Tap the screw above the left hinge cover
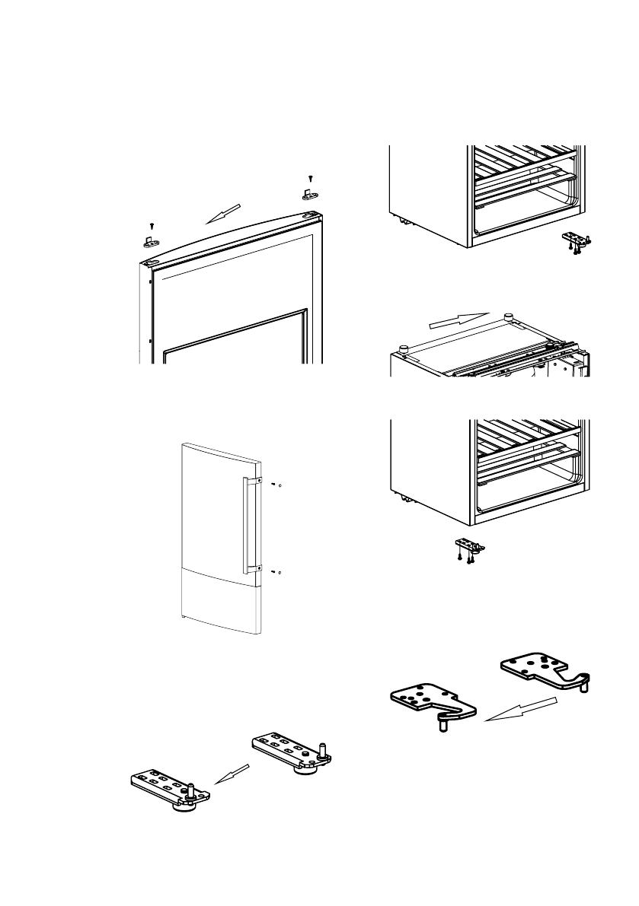click(x=152, y=225)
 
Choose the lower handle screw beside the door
click(x=273, y=571)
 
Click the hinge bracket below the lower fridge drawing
click(x=467, y=548)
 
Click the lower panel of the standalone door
click(x=221, y=601)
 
